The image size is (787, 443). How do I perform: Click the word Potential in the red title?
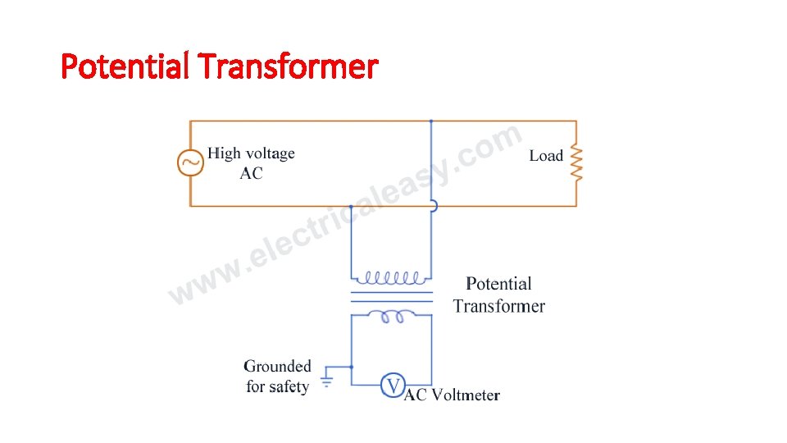click(124, 66)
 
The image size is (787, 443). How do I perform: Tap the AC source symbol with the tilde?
click(190, 162)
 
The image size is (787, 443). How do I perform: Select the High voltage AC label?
click(251, 162)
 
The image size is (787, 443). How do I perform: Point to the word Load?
click(546, 156)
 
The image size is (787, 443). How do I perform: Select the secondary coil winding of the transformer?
click(391, 316)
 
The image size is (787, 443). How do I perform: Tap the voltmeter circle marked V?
click(393, 386)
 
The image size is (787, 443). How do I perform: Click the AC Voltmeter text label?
click(453, 395)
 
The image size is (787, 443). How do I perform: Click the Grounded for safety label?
click(278, 377)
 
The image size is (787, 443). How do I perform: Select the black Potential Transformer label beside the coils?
click(498, 295)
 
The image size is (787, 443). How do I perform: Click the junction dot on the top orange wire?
click(431, 121)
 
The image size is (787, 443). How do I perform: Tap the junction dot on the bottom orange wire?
click(352, 206)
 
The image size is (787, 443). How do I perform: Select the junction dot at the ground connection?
click(352, 367)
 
